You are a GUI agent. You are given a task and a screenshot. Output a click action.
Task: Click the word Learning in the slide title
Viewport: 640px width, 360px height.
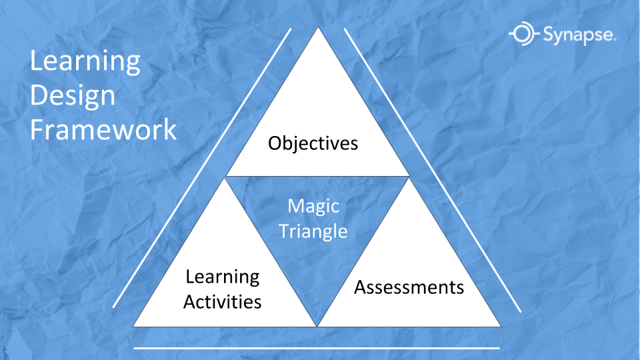point(85,62)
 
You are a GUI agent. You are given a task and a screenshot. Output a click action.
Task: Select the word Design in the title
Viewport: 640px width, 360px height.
point(73,97)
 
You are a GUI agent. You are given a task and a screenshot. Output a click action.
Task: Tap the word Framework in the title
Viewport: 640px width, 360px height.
point(103,129)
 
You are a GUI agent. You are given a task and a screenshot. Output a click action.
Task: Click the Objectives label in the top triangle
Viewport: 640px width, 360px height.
point(313,144)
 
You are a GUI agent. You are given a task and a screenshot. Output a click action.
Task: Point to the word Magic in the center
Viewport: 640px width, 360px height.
point(313,207)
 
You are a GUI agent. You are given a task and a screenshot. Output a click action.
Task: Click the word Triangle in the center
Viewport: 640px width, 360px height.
point(313,231)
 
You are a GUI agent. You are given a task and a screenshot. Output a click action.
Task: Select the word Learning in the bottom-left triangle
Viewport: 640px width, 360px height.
point(223,277)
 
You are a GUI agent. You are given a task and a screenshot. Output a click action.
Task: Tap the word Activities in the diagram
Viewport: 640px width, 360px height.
point(223,302)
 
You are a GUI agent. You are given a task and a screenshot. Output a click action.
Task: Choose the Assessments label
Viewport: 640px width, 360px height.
point(409,287)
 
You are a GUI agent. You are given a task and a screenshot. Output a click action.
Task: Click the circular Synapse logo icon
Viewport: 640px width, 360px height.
point(524,33)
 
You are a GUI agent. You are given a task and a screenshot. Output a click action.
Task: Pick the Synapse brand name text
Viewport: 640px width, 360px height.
point(579,35)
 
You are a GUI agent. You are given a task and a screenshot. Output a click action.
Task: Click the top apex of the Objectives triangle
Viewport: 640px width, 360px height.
point(319,27)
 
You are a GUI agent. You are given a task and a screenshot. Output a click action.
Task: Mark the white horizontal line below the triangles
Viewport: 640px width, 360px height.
point(317,348)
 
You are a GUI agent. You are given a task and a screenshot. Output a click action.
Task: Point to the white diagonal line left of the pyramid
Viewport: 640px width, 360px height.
point(202,168)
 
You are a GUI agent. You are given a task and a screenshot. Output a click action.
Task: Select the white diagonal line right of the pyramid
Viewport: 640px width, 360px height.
point(432,170)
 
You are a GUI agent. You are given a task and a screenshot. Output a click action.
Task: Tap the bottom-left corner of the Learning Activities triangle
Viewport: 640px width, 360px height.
point(133,327)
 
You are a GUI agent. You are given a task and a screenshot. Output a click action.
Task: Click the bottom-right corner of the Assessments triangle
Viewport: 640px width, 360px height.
point(501,327)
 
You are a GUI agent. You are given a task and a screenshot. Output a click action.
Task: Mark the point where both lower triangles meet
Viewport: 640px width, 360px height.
point(317,327)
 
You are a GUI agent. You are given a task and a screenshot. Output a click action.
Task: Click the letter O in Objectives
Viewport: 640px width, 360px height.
point(276,144)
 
